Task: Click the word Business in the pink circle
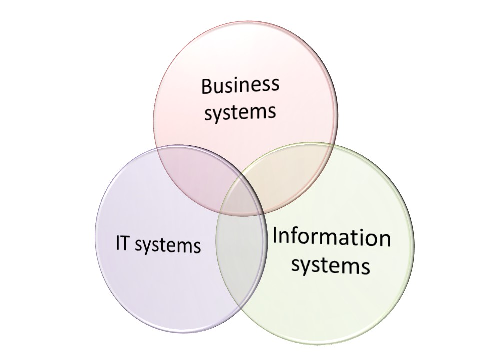pyautogui.click(x=240, y=85)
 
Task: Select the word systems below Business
pyautogui.click(x=240, y=112)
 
